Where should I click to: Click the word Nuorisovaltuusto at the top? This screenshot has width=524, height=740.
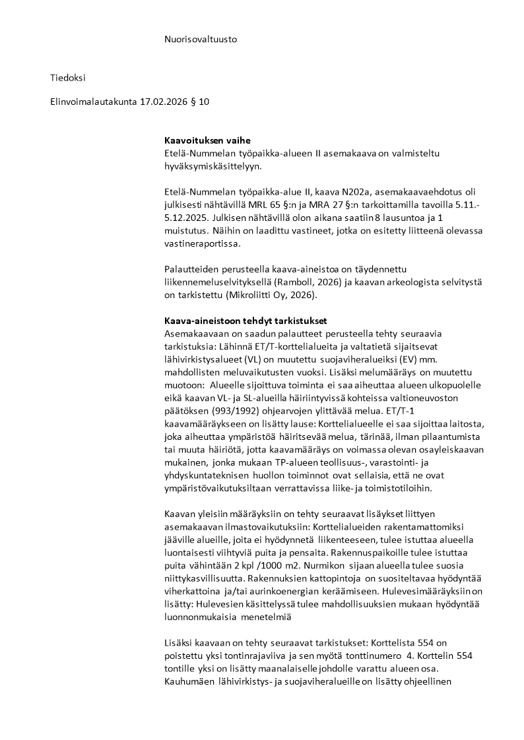click(x=201, y=39)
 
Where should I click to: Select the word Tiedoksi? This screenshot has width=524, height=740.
click(x=68, y=78)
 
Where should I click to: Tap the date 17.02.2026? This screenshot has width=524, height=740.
click(x=164, y=102)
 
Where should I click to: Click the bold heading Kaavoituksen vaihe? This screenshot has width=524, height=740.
click(x=207, y=141)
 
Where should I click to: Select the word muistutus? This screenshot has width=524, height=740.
click(x=187, y=231)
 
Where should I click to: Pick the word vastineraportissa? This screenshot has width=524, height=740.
click(x=203, y=243)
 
